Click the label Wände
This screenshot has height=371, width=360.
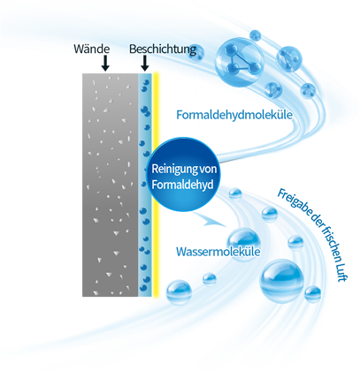coord(92,49)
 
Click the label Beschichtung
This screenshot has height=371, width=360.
coord(163,49)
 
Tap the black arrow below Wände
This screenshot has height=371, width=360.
coord(104,63)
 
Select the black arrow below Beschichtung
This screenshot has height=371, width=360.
coord(144,63)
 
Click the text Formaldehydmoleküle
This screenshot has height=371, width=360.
coord(234,115)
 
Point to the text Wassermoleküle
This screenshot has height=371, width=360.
coord(218,252)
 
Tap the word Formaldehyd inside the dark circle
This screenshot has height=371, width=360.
coord(182,185)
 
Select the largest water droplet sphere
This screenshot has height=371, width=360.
coord(281,280)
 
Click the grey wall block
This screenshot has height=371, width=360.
coord(111,185)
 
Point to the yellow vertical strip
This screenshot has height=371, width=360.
coord(156,185)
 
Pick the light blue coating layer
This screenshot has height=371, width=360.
coord(145,185)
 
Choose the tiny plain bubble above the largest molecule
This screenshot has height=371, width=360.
coord(255,35)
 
